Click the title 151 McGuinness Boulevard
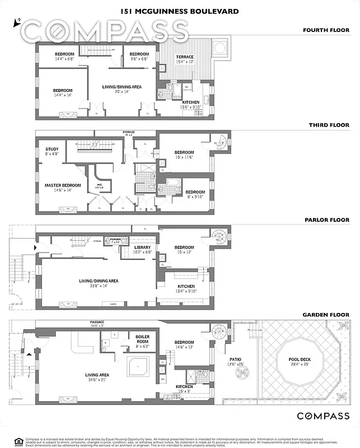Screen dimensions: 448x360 pos(180,11)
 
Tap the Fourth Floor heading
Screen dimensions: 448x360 pos(326,30)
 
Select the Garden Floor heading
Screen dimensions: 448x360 pos(325,315)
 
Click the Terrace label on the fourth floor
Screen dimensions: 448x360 pos(185,57)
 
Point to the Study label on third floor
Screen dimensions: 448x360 pos(52,149)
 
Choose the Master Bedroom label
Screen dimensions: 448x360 pos(63,185)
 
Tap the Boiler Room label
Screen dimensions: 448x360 pos(142,339)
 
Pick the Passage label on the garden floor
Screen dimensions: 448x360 pos(97,322)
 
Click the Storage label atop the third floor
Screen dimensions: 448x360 pos(129,133)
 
